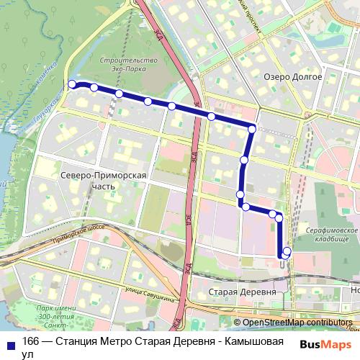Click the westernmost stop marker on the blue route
tap(72, 85)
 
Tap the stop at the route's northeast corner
tap(252, 129)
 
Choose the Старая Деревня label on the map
tap(241, 292)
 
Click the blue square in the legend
tap(9, 342)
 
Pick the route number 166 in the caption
tap(30, 342)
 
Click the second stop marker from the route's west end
tap(94, 88)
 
